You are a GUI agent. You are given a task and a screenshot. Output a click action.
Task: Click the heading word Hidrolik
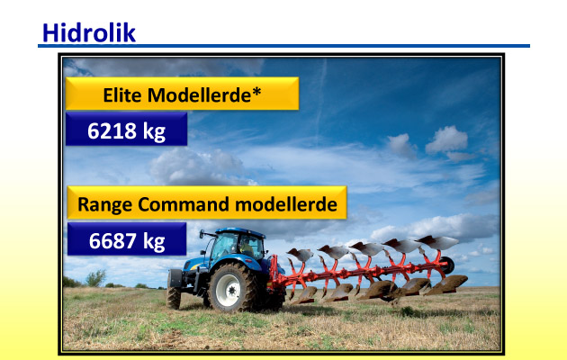click(x=89, y=33)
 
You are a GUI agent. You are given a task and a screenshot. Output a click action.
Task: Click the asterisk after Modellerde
click(x=256, y=92)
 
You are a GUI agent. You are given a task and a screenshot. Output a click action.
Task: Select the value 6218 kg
click(x=126, y=130)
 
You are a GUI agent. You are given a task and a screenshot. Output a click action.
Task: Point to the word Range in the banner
click(x=105, y=204)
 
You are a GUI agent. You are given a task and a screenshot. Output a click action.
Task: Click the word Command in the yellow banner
click(x=184, y=204)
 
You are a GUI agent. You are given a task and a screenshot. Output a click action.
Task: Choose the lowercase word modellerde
click(x=286, y=204)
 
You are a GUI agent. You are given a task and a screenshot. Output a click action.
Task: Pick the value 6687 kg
click(x=127, y=240)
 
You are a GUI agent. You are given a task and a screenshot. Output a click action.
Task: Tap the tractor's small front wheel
click(x=174, y=298)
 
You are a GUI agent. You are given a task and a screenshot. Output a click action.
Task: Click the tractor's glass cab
click(x=237, y=244)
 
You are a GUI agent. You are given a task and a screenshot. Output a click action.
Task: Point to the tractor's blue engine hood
click(x=195, y=265)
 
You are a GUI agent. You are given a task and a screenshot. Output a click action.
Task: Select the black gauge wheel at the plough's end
click(x=447, y=265)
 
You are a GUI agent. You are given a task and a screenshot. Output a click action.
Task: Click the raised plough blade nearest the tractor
click(x=300, y=254)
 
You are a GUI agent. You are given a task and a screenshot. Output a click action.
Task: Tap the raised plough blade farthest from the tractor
click(x=436, y=242)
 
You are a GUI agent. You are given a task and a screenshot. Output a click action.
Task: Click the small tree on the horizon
click(x=95, y=278)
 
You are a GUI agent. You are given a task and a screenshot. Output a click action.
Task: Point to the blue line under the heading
click(x=283, y=46)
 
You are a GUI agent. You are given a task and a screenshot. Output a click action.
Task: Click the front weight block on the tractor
click(x=175, y=279)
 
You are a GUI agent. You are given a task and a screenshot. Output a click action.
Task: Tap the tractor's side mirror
click(x=202, y=234)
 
